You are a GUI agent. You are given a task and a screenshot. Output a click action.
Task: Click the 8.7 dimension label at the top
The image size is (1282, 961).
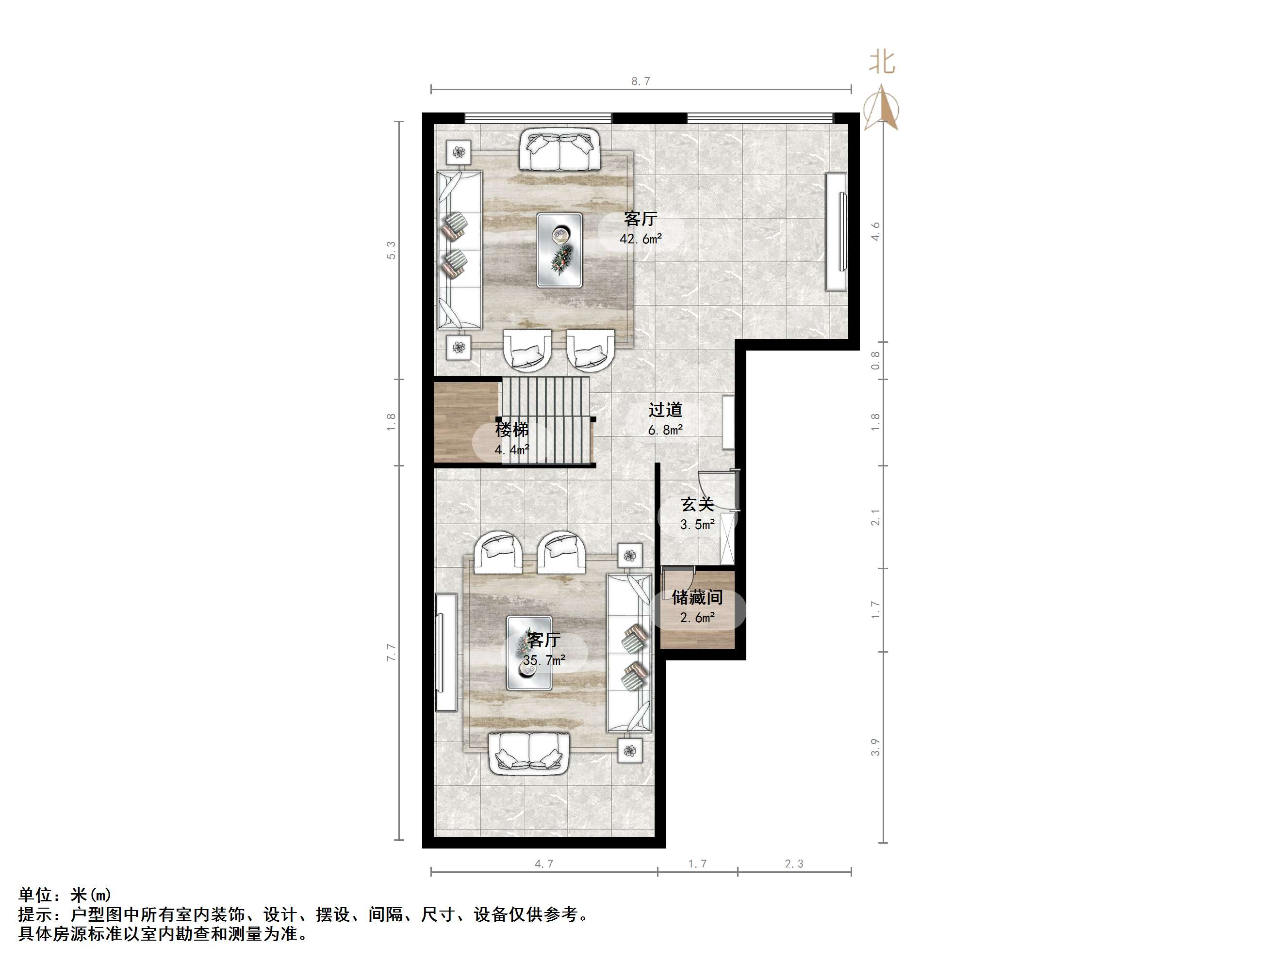point(641,81)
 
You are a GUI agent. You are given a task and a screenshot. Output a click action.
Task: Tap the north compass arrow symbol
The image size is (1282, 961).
point(881,108)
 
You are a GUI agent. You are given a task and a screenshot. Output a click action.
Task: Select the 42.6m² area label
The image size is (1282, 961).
point(641,238)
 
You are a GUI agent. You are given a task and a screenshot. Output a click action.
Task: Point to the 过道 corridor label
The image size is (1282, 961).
point(665,410)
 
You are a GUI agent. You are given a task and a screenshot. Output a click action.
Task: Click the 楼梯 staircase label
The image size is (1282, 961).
point(512,430)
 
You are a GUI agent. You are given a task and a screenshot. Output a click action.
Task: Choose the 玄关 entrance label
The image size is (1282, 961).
point(697,505)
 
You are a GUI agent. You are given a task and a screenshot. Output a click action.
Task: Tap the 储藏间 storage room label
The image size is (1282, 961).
point(697,597)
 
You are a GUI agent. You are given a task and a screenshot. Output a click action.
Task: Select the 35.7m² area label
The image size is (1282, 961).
point(544,660)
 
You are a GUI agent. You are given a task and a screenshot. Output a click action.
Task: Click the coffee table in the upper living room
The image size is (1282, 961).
point(559,250)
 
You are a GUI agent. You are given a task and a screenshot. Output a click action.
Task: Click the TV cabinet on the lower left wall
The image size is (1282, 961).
point(445,652)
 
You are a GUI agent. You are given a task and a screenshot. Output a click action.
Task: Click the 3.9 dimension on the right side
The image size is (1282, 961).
point(875,747)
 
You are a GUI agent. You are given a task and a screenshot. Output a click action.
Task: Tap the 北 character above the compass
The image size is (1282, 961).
point(882,63)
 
